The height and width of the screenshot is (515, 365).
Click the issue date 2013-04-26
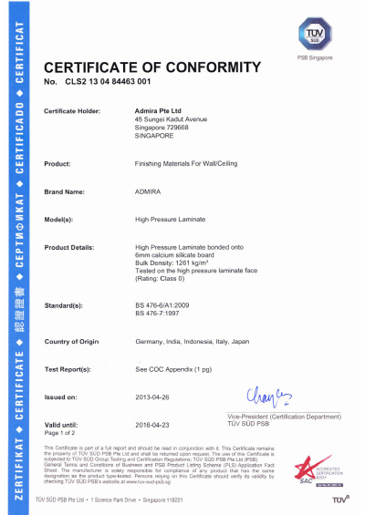pyautogui.click(x=154, y=397)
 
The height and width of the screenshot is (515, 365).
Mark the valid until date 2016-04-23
pyautogui.click(x=154, y=425)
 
